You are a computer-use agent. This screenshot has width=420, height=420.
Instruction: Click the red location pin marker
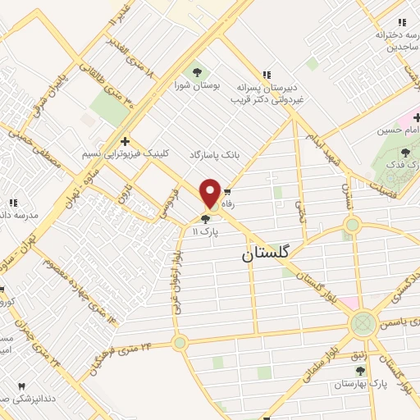(211, 193)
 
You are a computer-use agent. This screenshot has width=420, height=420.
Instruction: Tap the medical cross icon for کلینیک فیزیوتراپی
(124, 141)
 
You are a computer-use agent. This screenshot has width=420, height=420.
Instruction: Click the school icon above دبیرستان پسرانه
(265, 73)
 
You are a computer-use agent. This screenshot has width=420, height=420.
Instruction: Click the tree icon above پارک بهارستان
(349, 370)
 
